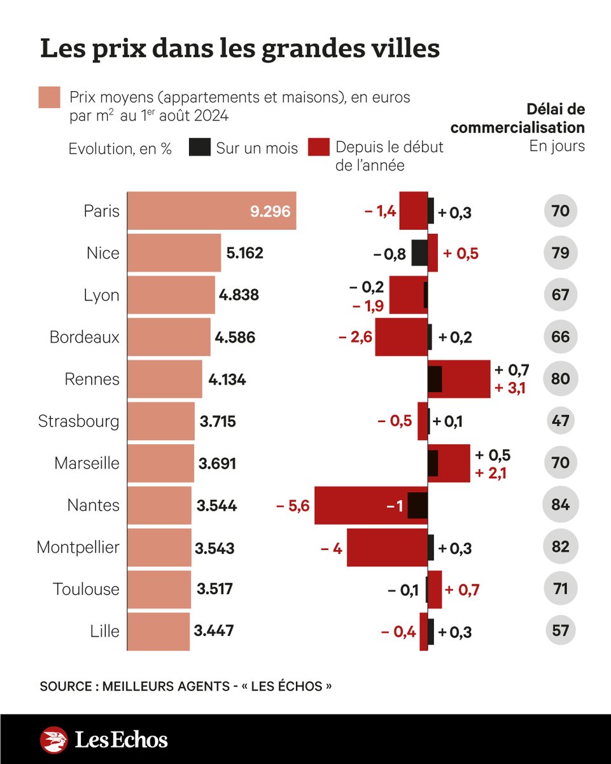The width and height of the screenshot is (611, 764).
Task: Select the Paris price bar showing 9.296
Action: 211,211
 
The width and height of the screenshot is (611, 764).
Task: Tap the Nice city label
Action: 102,253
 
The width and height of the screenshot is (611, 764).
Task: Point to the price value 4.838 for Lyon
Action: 239,295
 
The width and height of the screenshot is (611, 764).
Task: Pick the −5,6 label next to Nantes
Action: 293,506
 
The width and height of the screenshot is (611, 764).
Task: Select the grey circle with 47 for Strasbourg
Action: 560,421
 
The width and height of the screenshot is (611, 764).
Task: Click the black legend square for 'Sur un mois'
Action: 200,147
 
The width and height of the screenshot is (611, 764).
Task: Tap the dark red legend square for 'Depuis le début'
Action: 318,147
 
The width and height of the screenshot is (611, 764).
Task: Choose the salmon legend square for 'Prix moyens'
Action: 49,97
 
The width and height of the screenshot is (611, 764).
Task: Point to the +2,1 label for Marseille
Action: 490,472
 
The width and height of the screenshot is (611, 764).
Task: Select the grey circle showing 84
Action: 560,506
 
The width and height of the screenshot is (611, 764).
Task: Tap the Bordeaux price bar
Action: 169,337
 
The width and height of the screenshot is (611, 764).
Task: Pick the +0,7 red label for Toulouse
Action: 461,590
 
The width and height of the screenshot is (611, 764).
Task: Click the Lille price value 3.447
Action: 214,631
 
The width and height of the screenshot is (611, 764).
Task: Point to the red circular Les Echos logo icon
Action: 53,740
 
